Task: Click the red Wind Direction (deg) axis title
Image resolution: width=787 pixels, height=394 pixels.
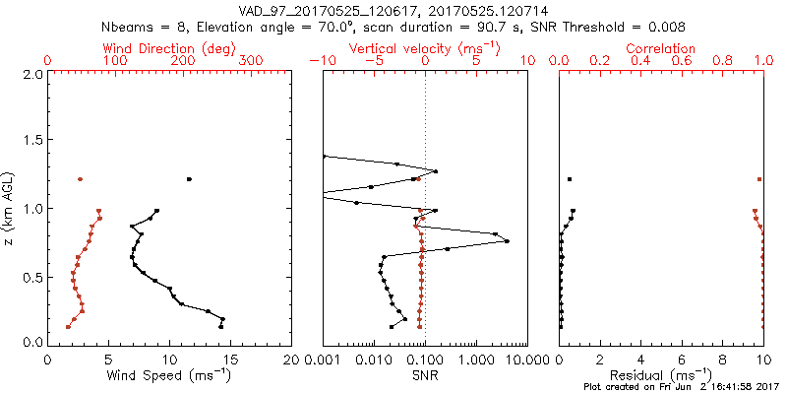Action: [170, 48]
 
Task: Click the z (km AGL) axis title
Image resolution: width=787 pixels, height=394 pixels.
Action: [9, 206]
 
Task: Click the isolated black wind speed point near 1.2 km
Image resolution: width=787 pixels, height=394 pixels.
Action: [189, 179]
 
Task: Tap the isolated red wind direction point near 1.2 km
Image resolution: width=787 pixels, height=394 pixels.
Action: [81, 179]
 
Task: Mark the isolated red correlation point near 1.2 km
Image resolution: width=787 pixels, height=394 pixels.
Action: [759, 179]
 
